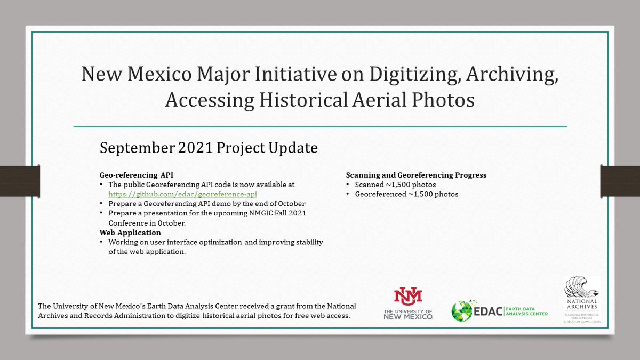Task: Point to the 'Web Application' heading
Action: (130, 233)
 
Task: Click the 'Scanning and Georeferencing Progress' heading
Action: (416, 175)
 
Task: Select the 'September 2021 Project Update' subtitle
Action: (209, 148)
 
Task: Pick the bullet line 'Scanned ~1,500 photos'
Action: (395, 185)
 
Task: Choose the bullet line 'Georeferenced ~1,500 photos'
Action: (406, 194)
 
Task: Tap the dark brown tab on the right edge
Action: (620, 179)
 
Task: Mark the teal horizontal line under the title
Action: (320, 127)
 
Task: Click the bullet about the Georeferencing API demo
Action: (207, 204)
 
